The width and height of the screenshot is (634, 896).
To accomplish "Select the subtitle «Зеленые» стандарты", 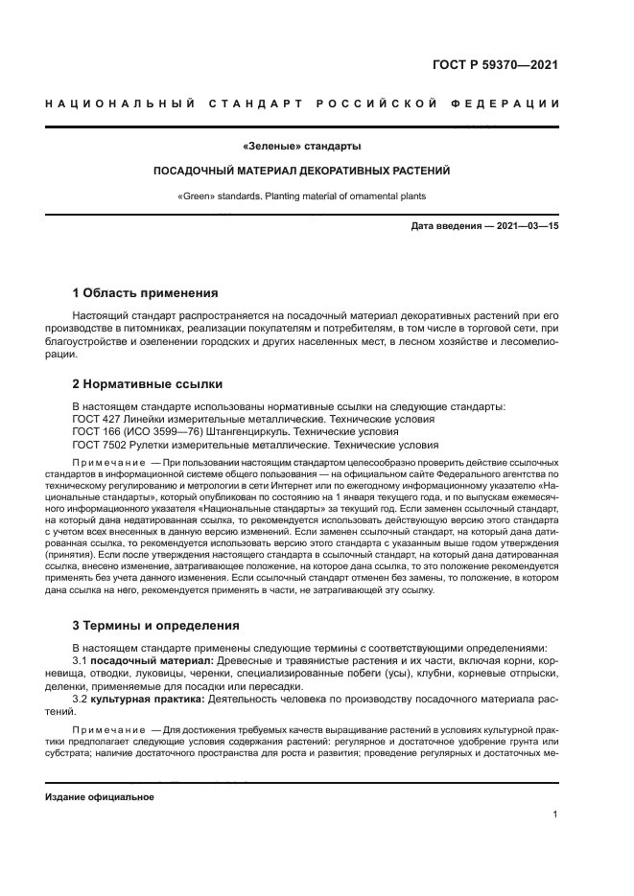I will (302, 147).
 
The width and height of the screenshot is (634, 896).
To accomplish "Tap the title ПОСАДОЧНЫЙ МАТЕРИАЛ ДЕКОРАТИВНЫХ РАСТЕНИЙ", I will (302, 171).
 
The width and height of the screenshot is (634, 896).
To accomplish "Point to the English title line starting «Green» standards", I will (302, 195).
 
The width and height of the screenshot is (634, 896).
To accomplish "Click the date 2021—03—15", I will (527, 226).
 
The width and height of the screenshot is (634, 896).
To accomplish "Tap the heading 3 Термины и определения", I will (156, 626).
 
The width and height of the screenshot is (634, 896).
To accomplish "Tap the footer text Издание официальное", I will (100, 797).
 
